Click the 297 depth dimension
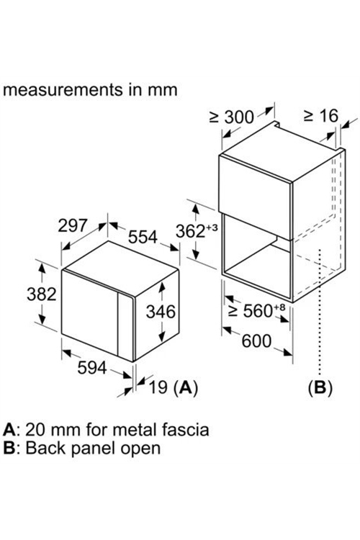point(72,225)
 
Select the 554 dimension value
point(143,237)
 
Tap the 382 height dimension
point(41,294)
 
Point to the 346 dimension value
point(161,312)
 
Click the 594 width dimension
point(92,367)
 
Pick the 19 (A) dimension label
point(173,387)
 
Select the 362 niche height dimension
point(197,231)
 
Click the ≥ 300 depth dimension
point(232,117)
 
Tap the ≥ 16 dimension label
point(321,116)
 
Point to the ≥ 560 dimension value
point(257,310)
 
